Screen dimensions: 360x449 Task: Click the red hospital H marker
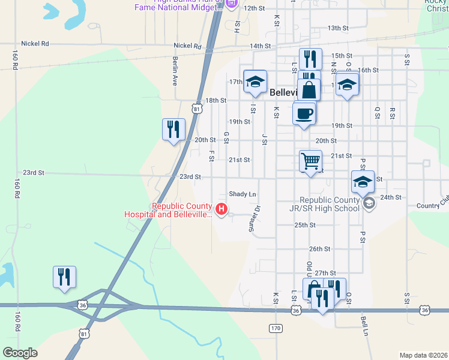(221, 209)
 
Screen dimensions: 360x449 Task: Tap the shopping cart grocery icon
(310, 160)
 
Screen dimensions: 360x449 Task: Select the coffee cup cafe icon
(304, 113)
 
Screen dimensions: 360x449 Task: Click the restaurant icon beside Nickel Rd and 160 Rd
(64, 277)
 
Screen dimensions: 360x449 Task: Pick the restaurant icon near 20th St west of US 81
(173, 129)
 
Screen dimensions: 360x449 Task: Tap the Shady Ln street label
(243, 194)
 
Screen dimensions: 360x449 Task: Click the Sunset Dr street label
(255, 219)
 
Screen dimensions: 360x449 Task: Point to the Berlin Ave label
(175, 71)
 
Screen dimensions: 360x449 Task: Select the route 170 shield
(276, 328)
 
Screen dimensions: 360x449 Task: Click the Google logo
(20, 353)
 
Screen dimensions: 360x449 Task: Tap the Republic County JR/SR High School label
(329, 204)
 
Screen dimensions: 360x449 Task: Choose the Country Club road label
(432, 206)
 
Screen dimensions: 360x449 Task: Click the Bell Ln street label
(364, 326)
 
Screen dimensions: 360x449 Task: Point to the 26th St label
(319, 248)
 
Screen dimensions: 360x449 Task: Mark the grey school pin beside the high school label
(368, 204)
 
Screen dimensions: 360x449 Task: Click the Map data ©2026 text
(423, 355)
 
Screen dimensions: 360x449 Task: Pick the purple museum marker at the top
(232, 4)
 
